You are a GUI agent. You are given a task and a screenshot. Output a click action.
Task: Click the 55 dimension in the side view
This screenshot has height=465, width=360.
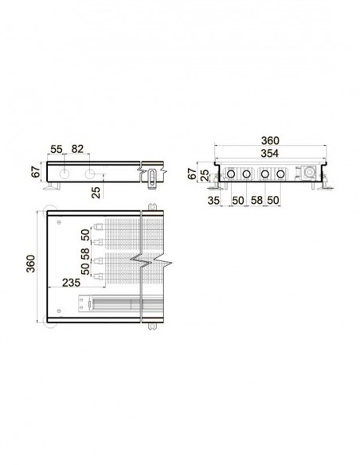[56, 149]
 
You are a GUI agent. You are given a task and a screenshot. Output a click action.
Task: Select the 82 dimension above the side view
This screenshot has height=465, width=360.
[77, 149]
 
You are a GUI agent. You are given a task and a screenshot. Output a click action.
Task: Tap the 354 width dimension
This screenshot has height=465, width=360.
[269, 154]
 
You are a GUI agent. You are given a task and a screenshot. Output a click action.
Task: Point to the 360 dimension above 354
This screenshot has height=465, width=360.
[270, 140]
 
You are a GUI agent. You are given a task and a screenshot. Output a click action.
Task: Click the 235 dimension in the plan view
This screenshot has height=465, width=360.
[71, 283]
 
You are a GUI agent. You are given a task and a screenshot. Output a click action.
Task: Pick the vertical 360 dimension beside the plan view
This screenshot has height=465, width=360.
[31, 264]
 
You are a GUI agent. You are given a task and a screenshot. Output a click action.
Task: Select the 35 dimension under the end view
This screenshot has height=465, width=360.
[213, 201]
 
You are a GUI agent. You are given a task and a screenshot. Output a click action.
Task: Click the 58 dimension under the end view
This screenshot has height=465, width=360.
[256, 200]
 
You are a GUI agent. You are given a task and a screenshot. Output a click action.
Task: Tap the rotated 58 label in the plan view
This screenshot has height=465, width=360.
[85, 254]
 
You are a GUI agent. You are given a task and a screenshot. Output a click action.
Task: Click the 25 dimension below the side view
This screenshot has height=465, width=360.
[96, 193]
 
